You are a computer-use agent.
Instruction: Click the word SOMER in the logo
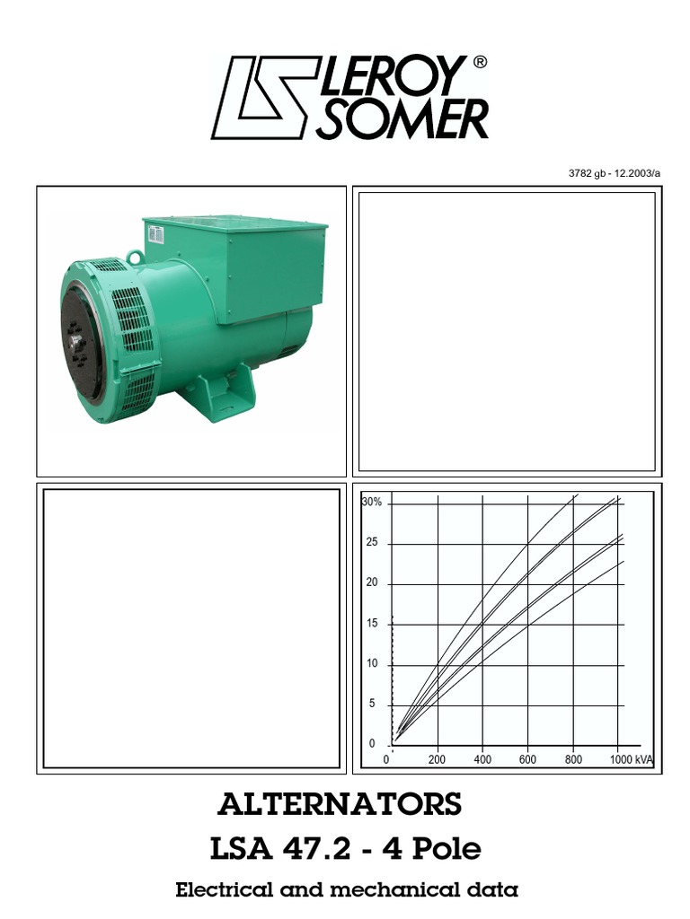(402, 118)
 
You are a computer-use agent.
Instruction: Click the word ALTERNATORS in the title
(341, 804)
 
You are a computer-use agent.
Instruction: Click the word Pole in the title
(443, 848)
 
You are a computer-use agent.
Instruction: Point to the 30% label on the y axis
(372, 503)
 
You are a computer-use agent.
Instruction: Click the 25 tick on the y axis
(372, 544)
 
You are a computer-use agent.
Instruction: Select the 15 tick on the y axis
(372, 624)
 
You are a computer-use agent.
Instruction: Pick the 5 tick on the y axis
(372, 705)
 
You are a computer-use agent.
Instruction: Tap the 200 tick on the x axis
(437, 760)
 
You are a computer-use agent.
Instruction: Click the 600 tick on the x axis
(527, 760)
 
